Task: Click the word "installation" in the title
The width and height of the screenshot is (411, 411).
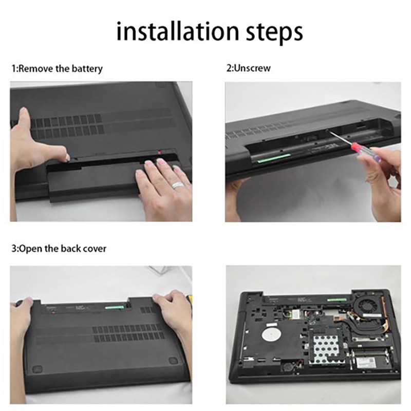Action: [x=178, y=31]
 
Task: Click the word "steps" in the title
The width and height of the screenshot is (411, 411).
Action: [x=274, y=33]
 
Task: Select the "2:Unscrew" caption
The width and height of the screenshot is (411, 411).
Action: [x=249, y=68]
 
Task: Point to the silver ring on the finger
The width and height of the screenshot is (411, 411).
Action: [x=178, y=184]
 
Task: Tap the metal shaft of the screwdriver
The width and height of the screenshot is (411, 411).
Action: [x=340, y=138]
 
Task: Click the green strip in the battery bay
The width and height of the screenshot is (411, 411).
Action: [x=274, y=158]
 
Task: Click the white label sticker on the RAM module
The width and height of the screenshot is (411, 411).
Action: [x=366, y=363]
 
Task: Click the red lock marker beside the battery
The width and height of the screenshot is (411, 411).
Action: [x=159, y=152]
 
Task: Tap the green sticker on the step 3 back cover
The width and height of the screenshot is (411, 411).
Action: [x=114, y=307]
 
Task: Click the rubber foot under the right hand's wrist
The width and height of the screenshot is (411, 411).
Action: [x=174, y=361]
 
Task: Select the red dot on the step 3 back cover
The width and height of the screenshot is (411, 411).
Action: [x=53, y=312]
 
